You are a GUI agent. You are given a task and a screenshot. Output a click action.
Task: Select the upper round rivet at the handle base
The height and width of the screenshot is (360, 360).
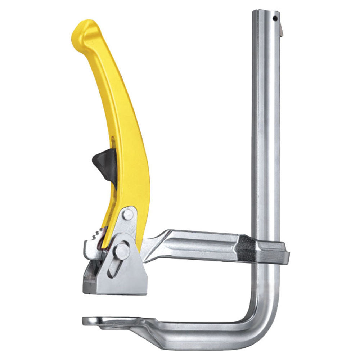click(x=127, y=215)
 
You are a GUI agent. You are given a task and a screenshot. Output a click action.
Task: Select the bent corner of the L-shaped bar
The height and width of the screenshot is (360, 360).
click(x=265, y=324)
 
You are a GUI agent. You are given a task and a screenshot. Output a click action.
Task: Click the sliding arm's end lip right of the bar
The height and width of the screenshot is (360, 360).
click(x=285, y=252)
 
